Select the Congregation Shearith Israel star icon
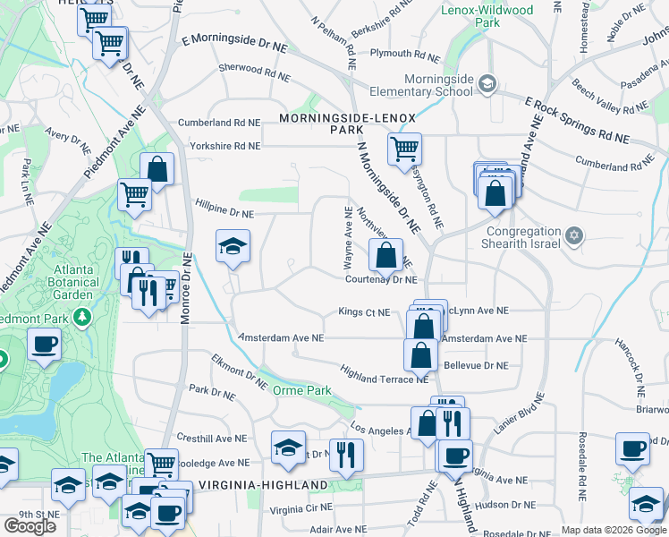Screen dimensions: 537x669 coord(574,235)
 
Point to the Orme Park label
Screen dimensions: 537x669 coord(303,390)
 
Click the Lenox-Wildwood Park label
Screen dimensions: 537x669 coord(487,16)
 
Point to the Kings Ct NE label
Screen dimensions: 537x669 coord(364,312)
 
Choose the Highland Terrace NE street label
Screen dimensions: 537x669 coord(385,373)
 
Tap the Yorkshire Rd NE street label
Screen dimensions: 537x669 coord(224,145)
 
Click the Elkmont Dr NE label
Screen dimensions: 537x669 coord(240,371)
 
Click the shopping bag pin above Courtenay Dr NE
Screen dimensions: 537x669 coord(385,255)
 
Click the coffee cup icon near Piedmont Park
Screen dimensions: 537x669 coord(44,344)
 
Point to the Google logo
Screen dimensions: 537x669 coord(30,526)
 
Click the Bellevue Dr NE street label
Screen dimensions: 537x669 coord(476,366)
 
